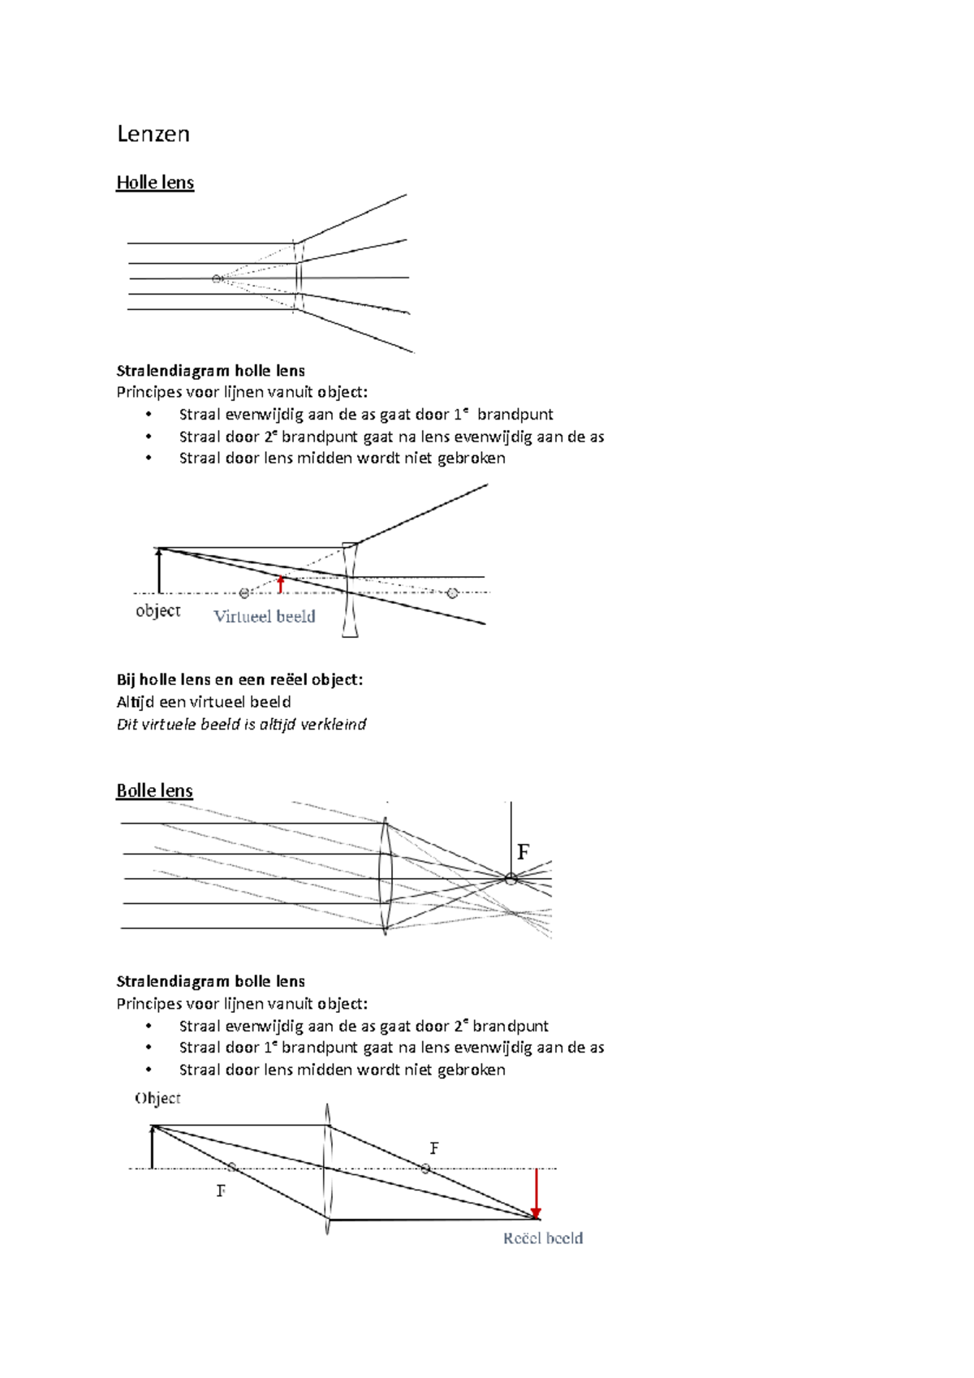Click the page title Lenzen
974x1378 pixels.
pyautogui.click(x=153, y=134)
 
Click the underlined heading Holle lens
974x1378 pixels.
pyautogui.click(x=155, y=183)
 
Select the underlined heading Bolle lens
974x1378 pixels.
pyautogui.click(x=154, y=790)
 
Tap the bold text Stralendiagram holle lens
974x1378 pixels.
pyautogui.click(x=210, y=371)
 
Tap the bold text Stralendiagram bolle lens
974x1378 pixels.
pyautogui.click(x=210, y=981)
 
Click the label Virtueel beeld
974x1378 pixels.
pyautogui.click(x=264, y=617)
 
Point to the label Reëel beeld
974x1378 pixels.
pyautogui.click(x=542, y=1238)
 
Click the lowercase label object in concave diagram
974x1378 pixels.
pyautogui.click(x=157, y=610)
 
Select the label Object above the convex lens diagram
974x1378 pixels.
pyautogui.click(x=157, y=1098)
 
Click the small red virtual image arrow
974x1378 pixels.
pyautogui.click(x=281, y=584)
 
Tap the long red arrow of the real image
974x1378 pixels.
pyautogui.click(x=536, y=1193)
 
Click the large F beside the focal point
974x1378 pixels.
pyautogui.click(x=523, y=852)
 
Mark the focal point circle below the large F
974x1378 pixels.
pyautogui.click(x=511, y=878)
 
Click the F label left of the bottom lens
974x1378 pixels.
pyautogui.click(x=221, y=1191)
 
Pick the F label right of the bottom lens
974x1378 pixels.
pyautogui.click(x=434, y=1148)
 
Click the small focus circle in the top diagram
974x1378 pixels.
pyautogui.click(x=217, y=279)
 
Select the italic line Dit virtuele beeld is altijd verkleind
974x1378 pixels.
pyautogui.click(x=241, y=724)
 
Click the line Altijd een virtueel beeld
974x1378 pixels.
pyautogui.click(x=203, y=702)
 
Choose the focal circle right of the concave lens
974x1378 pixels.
pyautogui.click(x=453, y=593)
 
